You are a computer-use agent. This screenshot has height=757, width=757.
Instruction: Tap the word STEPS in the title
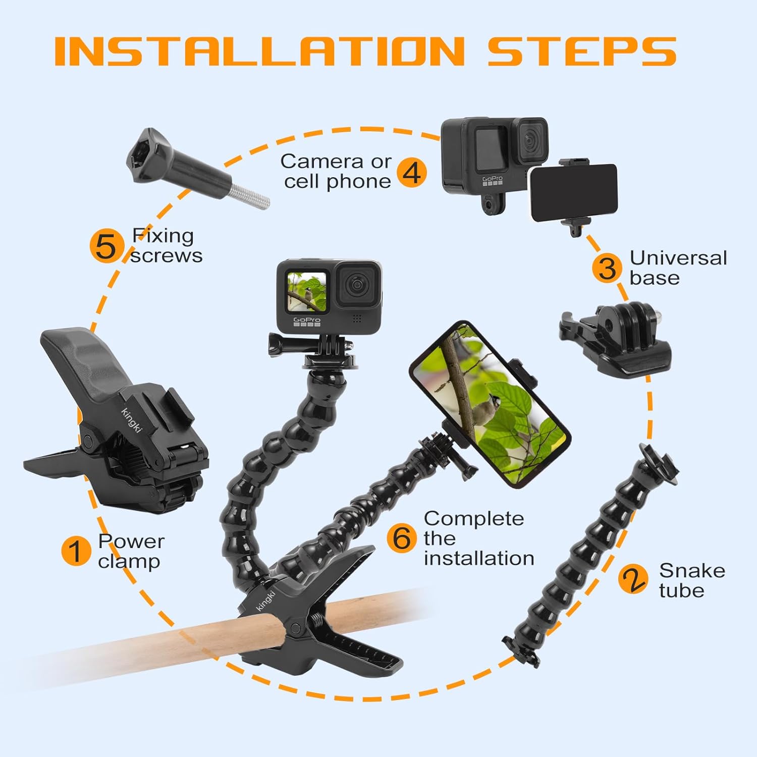581,51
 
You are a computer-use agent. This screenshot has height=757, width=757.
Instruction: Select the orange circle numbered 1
76,551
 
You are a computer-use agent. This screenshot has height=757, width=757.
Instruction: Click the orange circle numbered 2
633,579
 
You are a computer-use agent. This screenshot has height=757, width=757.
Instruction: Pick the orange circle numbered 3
607,267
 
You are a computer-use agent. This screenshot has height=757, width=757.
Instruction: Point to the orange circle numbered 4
412,172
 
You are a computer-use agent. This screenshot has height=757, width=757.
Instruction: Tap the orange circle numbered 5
106,246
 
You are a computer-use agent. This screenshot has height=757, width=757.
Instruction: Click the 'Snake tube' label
691,580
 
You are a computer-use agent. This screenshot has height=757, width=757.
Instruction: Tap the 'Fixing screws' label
166,246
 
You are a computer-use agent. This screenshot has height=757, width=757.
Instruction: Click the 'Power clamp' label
130,551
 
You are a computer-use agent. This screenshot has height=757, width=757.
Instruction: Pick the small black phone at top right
574,193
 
